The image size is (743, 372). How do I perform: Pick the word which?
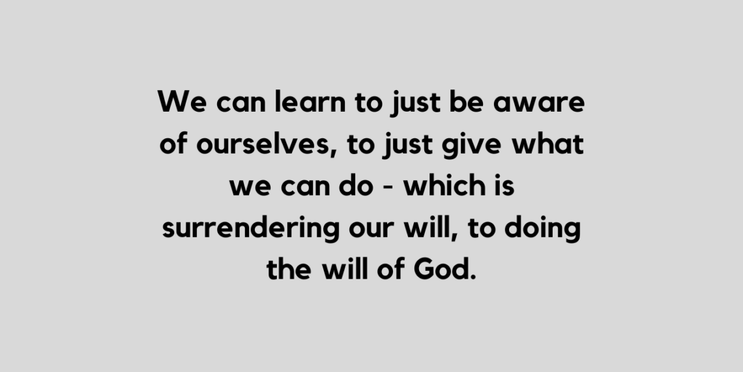click(443, 187)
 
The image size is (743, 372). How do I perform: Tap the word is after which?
click(503, 187)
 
